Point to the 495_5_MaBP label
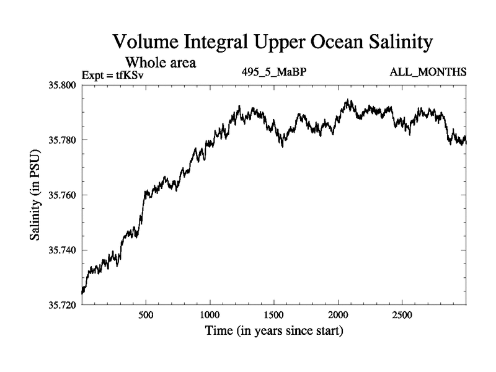point(275,72)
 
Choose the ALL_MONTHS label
point(428,72)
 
